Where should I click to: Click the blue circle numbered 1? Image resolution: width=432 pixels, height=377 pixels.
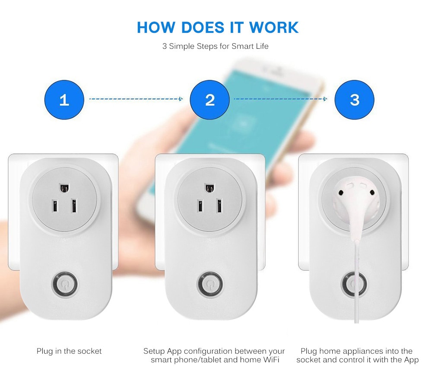pos(64,100)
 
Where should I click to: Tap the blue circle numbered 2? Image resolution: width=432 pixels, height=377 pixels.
pos(210,100)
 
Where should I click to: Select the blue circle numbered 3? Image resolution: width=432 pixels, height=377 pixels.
pos(355,100)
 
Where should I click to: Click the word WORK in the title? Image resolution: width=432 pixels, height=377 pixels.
pos(274,27)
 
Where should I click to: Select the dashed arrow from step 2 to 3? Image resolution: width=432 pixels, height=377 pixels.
pos(280,99)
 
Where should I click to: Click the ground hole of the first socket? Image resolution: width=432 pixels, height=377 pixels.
pos(64,188)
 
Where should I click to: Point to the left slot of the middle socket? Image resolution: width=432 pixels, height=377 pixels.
pos(200,206)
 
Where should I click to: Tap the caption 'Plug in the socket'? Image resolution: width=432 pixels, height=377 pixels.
pos(69,351)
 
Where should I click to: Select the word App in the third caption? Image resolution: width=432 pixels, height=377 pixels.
pos(411,360)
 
